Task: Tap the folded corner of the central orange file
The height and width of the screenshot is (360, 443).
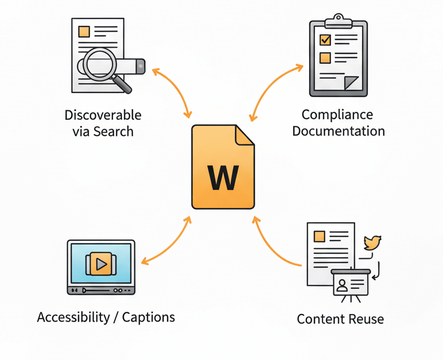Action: [244, 136]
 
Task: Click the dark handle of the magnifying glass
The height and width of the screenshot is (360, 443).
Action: [123, 83]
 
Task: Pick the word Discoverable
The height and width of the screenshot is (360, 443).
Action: [103, 115]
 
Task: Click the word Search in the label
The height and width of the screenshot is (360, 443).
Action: [113, 131]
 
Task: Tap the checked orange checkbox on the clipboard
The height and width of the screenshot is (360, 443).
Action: [325, 40]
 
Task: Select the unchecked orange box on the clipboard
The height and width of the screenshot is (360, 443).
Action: [325, 57]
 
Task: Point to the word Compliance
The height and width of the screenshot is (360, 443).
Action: [337, 114]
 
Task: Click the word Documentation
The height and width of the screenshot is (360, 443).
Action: [339, 131]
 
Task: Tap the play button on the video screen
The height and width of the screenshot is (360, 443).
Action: [101, 264]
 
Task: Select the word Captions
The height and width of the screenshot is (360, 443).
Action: [149, 317]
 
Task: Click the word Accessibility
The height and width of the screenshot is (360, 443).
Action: [73, 317]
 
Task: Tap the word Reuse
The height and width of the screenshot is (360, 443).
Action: [363, 319]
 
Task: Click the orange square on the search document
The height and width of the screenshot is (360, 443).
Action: [84, 32]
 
